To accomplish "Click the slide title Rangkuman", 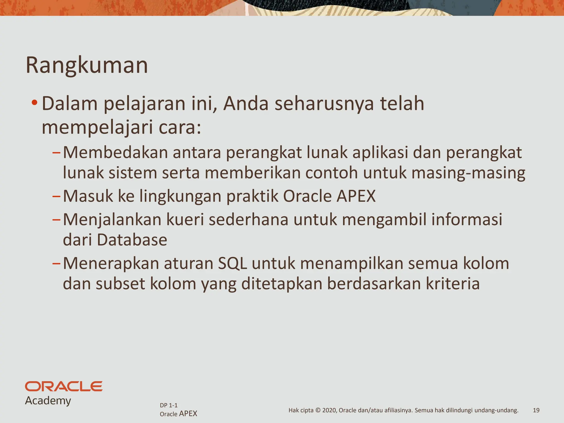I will point(87,65).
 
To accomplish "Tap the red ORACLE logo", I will point(64,386).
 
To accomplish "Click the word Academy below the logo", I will point(48,400).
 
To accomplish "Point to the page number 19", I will point(536,410).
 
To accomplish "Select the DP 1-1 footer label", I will point(169,405).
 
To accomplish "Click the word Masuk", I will point(88,196).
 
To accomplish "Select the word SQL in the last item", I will point(232,263).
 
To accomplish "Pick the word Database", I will point(132,240).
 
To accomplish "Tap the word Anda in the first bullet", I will point(246,104).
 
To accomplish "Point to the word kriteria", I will point(453,284).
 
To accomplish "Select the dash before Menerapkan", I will point(56,264).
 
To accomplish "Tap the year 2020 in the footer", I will point(329,410).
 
